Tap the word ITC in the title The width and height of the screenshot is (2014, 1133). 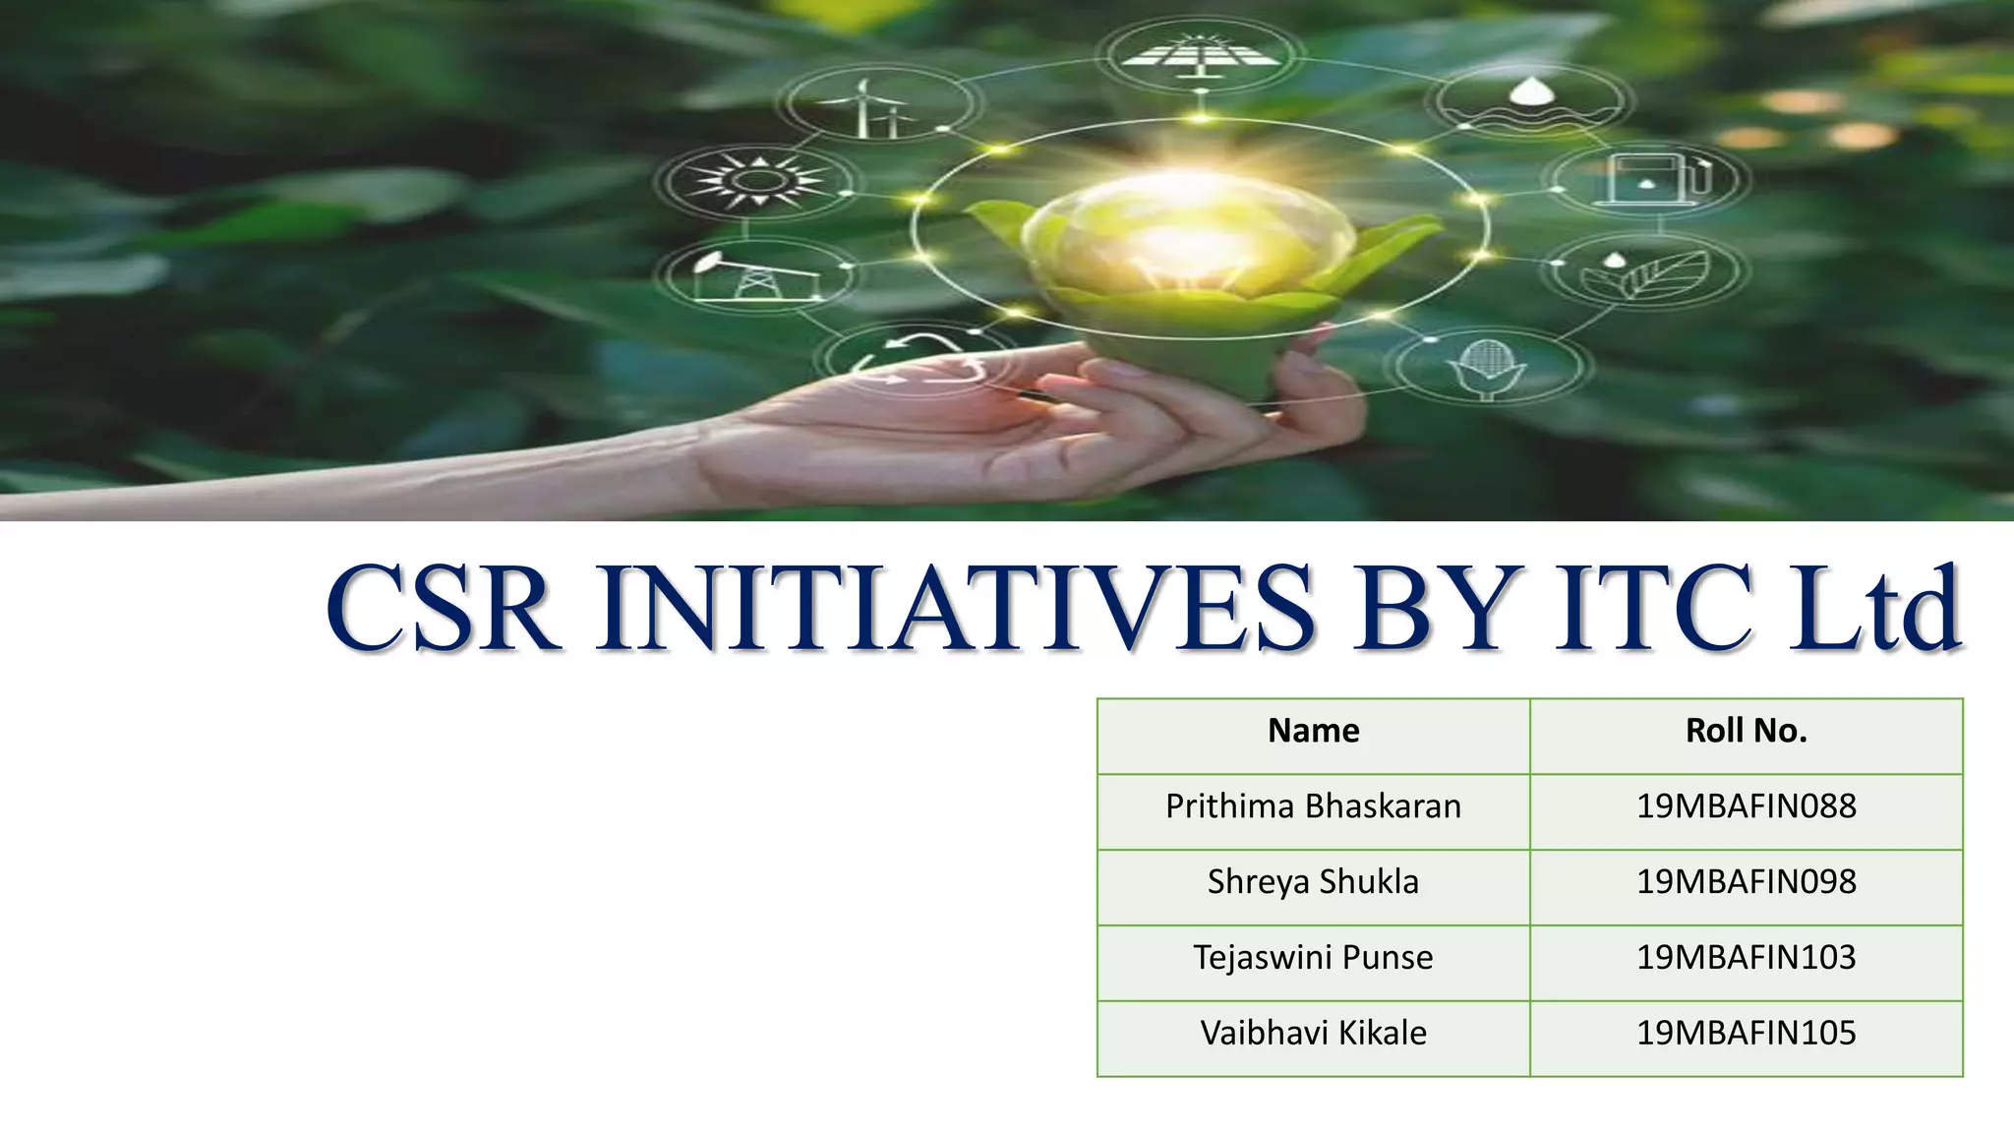[x=1652, y=607]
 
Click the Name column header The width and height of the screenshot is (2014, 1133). [x=1313, y=731]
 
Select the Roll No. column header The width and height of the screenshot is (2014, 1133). [x=1746, y=731]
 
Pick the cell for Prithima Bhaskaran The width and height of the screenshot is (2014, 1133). [x=1313, y=806]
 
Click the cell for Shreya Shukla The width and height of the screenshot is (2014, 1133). [x=1313, y=882]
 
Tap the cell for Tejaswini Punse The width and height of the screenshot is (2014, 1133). [x=1313, y=958]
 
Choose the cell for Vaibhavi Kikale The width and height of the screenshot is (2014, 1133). [x=1313, y=1033]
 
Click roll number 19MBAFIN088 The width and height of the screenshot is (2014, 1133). [x=1746, y=806]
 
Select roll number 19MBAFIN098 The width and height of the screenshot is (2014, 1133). [x=1746, y=882]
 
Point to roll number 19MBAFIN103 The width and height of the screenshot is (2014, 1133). [x=1746, y=958]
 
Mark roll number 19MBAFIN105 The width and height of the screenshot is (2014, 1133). [x=1746, y=1033]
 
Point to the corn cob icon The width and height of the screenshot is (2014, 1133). [x=1487, y=367]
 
